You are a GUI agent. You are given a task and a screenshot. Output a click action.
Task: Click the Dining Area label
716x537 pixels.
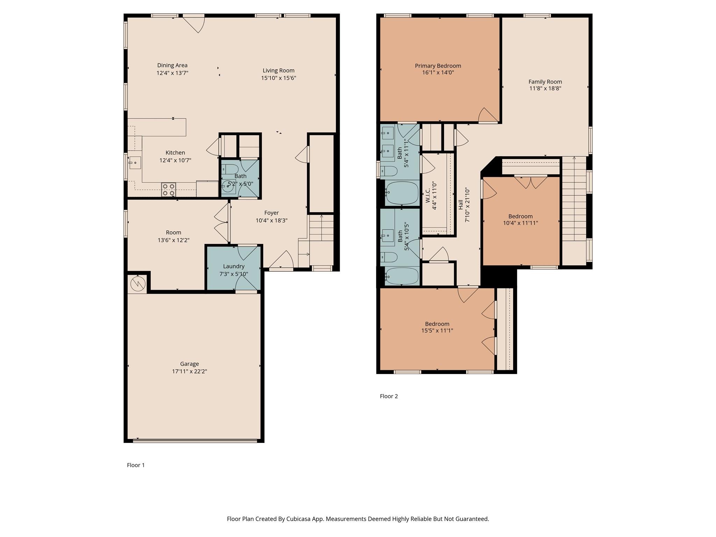pyautogui.click(x=172, y=65)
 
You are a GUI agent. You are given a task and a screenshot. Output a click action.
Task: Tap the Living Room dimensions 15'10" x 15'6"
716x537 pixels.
pyautogui.click(x=278, y=78)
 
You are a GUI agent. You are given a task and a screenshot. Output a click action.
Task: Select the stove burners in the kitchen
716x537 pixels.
pyautogui.click(x=168, y=190)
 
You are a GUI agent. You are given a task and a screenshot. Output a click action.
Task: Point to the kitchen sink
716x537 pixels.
pyautogui.click(x=134, y=163)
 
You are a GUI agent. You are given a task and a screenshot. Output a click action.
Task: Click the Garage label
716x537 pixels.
pyautogui.click(x=189, y=364)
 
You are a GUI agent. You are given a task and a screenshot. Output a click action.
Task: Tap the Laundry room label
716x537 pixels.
pyautogui.click(x=234, y=266)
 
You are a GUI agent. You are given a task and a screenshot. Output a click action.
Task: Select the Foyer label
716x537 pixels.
pyautogui.click(x=271, y=213)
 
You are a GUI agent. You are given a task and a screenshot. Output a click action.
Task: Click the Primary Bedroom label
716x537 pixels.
pyautogui.click(x=438, y=66)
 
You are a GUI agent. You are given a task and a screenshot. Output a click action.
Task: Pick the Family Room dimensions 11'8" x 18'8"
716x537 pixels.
pyautogui.click(x=545, y=88)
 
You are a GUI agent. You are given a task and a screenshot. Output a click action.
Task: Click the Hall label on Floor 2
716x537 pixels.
pyautogui.click(x=460, y=205)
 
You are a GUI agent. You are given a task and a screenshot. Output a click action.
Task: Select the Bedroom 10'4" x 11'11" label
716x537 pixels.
pyautogui.click(x=520, y=216)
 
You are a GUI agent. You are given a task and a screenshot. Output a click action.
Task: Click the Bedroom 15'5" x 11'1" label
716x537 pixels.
pyautogui.click(x=437, y=324)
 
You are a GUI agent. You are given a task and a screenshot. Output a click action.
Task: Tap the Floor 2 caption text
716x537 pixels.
pyautogui.click(x=389, y=396)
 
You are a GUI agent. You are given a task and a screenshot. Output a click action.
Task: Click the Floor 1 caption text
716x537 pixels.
pyautogui.click(x=136, y=465)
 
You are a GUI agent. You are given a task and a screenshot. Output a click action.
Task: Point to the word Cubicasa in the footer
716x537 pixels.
pyautogui.click(x=299, y=519)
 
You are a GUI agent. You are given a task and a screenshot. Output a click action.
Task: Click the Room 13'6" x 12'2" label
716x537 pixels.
pyautogui.click(x=173, y=232)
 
